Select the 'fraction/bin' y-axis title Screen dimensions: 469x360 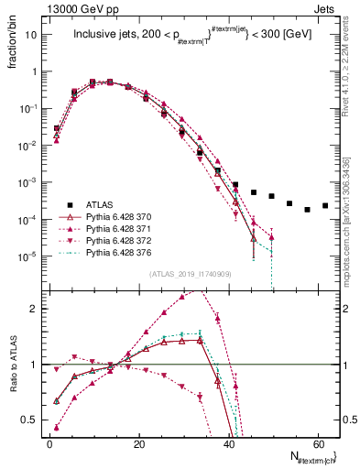tap(11, 48)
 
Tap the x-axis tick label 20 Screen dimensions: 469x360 tap(139, 442)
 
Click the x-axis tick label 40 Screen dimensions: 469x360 tap(229, 442)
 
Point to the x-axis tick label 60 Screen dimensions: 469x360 tap(318, 442)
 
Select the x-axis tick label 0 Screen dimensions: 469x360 tap(49, 442)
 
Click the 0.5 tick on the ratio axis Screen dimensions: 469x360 tap(32, 420)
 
